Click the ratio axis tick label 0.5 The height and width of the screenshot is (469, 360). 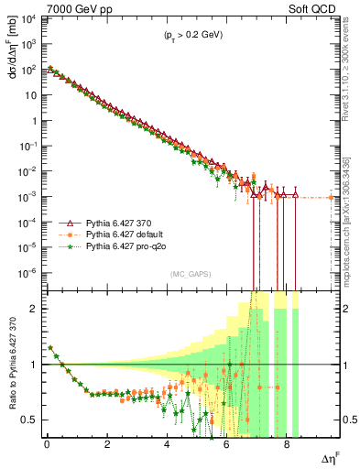30,420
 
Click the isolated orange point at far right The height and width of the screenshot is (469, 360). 331,198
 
